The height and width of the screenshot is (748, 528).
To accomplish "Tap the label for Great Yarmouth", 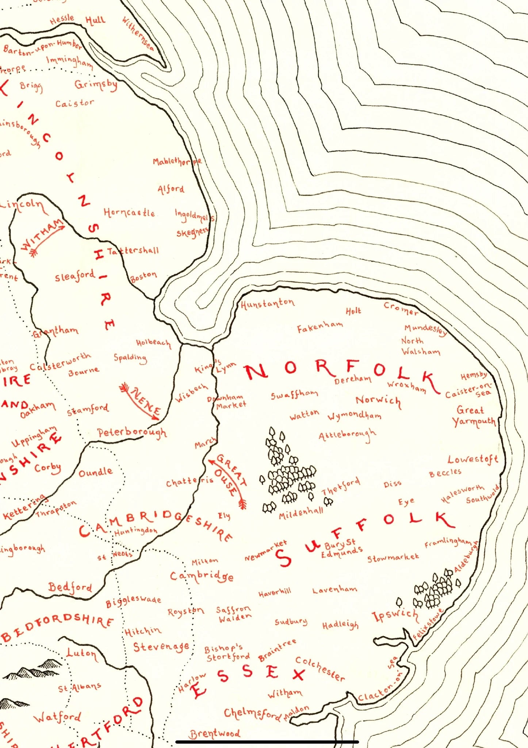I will point(474,416).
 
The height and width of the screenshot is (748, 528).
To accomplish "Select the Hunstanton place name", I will point(267,303).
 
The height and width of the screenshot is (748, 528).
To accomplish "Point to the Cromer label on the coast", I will point(401,309).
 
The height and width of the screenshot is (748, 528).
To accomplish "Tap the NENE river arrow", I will point(141,401).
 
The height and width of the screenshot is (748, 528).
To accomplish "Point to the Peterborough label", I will point(132,432).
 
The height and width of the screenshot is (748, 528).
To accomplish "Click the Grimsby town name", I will point(96,85).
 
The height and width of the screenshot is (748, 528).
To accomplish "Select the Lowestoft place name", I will point(473,459).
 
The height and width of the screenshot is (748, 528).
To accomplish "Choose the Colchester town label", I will point(320,669).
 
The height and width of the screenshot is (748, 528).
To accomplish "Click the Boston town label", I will point(144,276).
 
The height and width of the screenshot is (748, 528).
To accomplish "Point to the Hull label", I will point(95,20).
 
